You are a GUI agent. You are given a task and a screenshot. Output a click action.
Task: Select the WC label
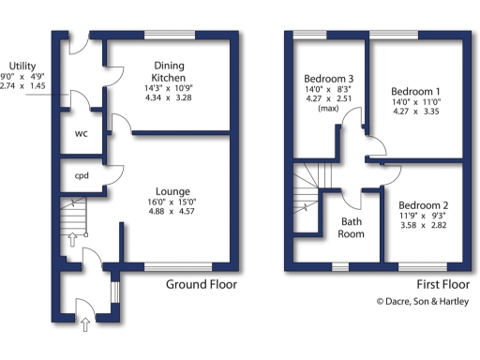click(81, 133)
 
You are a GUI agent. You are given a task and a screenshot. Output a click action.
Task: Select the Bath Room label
click(352, 227)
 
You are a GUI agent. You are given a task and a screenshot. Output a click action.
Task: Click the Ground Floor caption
click(202, 284)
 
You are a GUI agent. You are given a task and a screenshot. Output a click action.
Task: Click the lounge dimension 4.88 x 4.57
click(174, 211)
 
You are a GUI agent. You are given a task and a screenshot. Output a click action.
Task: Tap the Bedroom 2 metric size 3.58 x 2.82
click(424, 226)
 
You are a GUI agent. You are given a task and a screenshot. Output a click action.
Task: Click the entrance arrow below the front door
click(86, 325)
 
